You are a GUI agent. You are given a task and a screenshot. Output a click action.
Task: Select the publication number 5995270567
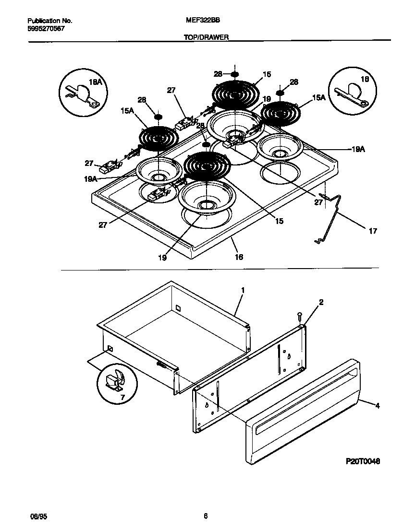pyautogui.click(x=46, y=28)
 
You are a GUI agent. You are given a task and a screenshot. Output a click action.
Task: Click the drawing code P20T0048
pyautogui.click(x=363, y=461)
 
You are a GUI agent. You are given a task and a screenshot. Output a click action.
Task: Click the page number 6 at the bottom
pyautogui.click(x=206, y=516)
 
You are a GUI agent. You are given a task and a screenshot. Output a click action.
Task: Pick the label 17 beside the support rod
pyautogui.click(x=372, y=231)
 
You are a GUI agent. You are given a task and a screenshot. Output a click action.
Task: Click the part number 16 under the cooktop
pyautogui.click(x=238, y=257)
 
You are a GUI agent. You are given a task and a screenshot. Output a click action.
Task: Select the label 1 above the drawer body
pyautogui.click(x=243, y=290)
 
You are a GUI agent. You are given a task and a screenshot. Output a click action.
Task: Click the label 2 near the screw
pyautogui.click(x=321, y=302)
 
